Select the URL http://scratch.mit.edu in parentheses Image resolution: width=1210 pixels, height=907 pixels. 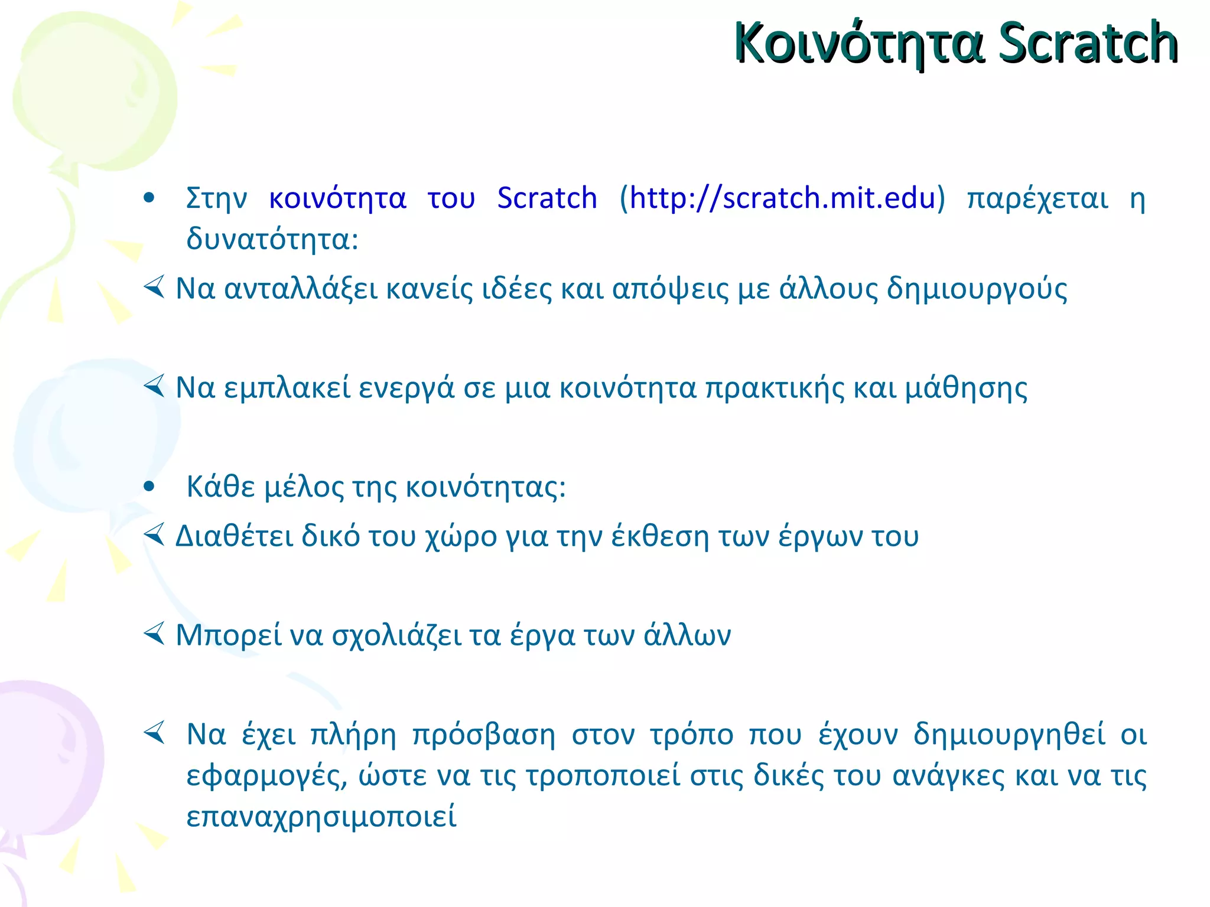pyautogui.click(x=782, y=198)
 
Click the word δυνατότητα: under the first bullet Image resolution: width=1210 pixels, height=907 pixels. pyautogui.click(x=272, y=240)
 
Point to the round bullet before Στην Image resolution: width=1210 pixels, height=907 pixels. pyautogui.click(x=149, y=198)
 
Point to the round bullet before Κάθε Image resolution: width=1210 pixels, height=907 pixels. pyautogui.click(x=149, y=487)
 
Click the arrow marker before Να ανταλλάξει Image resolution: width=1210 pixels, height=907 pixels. pyautogui.click(x=154, y=288)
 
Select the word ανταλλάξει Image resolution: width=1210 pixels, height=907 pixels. pyautogui.click(x=301, y=289)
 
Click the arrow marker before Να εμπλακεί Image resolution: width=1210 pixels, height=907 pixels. pyautogui.click(x=154, y=387)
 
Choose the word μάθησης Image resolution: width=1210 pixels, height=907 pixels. pyautogui.click(x=967, y=389)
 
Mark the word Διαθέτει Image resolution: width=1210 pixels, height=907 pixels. pyautogui.click(x=234, y=537)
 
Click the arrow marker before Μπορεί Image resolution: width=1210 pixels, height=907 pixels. pyautogui.click(x=154, y=635)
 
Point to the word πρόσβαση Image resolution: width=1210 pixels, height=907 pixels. pyautogui.click(x=484, y=736)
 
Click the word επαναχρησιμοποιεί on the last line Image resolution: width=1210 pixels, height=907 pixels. pyautogui.click(x=321, y=817)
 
